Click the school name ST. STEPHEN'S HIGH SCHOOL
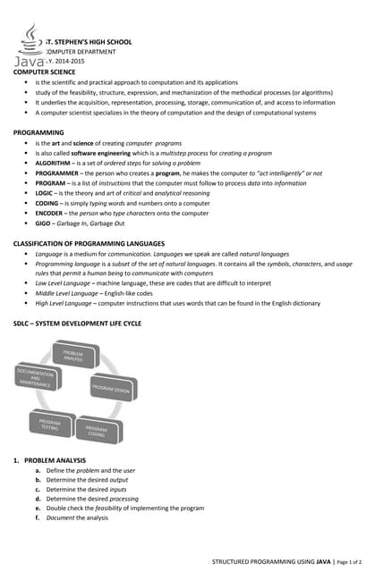coord(88,41)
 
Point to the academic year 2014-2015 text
coord(68,63)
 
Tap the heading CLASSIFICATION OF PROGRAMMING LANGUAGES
coord(89,244)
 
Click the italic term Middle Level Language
coord(68,293)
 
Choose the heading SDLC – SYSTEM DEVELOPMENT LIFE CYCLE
coord(77,323)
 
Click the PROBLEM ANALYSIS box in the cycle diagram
coord(73,357)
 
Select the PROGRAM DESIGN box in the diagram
coord(111,389)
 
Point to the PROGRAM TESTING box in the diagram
coord(50,424)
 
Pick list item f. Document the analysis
coord(76,517)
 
